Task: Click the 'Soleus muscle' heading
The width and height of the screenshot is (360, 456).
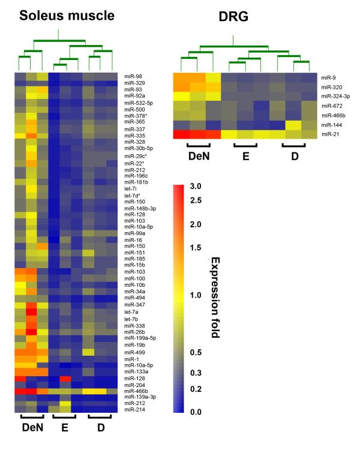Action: tap(67, 17)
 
